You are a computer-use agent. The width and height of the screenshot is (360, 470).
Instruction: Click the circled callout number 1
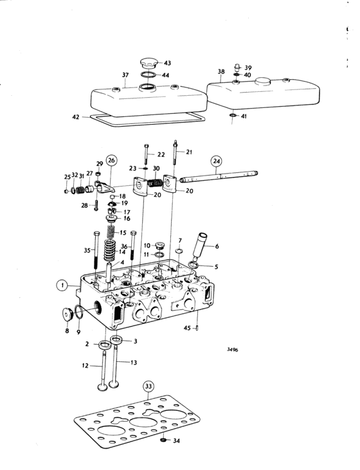point(62,285)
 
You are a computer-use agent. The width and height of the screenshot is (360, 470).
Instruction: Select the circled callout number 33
point(148,386)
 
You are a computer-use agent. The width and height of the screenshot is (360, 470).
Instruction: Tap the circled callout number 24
point(217,161)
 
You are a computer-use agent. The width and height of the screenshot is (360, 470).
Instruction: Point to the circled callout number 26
point(111,160)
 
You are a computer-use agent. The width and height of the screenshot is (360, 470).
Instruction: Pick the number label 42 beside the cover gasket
point(76,117)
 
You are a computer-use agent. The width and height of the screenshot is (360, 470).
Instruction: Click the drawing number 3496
point(232,350)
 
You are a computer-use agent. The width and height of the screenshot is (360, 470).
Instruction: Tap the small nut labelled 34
point(163,440)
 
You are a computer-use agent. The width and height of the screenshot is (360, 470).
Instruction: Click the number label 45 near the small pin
point(187,328)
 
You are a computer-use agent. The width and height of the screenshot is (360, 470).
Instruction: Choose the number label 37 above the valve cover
point(125,75)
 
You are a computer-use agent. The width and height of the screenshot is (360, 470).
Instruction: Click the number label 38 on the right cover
point(221,71)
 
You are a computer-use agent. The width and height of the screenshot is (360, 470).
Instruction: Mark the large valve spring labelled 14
point(110,250)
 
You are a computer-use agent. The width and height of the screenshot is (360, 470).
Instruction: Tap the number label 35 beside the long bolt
point(87,250)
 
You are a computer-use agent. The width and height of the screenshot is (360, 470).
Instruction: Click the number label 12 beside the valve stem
point(85,366)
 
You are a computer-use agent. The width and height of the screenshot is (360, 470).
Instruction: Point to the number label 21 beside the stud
point(189,152)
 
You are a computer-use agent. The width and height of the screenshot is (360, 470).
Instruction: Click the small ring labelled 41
point(233,115)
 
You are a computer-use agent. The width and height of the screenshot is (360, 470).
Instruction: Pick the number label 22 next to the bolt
point(161,155)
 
